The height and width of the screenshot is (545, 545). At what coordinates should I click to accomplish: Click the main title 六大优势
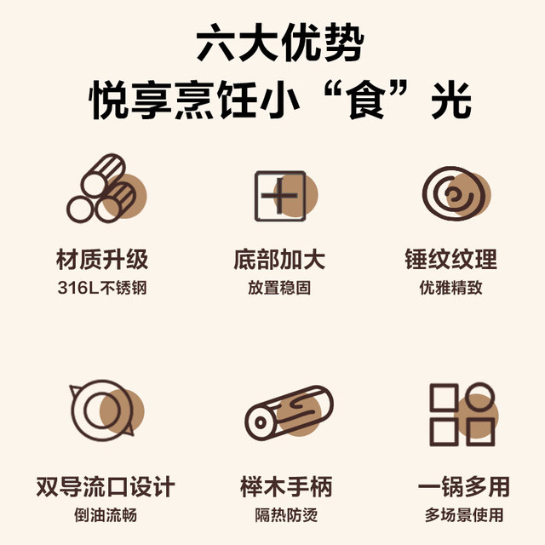click(280, 43)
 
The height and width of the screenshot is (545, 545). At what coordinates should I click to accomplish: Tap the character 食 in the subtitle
click(366, 100)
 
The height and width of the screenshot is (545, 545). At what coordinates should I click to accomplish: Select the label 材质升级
click(102, 259)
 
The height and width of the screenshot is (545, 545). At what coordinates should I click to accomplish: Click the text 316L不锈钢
click(102, 288)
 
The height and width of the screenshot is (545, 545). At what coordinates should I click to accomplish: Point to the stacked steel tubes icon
click(106, 188)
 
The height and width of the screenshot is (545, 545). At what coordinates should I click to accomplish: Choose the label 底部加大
click(279, 259)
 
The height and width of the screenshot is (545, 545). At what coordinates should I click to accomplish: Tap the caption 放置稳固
click(279, 288)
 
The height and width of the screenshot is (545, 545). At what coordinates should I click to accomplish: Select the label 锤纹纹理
click(451, 259)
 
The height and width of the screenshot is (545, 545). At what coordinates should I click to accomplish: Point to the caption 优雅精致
click(451, 288)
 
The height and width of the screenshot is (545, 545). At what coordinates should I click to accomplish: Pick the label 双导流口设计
click(106, 486)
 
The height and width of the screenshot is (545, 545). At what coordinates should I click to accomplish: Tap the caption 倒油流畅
click(106, 514)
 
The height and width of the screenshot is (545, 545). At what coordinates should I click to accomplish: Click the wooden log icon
click(290, 412)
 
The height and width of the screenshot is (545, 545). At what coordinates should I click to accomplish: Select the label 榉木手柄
click(286, 486)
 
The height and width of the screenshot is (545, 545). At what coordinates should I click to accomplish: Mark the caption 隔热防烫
click(286, 514)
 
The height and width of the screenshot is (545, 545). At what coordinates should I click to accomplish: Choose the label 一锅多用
click(464, 486)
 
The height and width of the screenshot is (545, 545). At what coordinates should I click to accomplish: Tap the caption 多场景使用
click(464, 514)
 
